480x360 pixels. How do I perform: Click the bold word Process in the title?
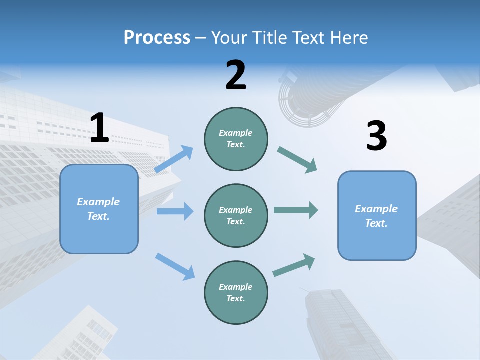[157, 37]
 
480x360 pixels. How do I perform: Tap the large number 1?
[99, 128]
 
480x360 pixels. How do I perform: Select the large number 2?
[236, 75]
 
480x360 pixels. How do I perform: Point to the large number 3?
[376, 136]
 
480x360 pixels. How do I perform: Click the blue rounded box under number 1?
[99, 209]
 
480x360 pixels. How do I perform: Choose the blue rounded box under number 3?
[377, 215]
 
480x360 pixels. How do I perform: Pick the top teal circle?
[236, 139]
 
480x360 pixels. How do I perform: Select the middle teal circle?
[236, 215]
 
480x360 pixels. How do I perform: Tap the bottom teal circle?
[236, 292]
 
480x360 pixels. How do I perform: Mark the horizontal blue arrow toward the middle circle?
[175, 211]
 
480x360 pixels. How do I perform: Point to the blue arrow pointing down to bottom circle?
[175, 266]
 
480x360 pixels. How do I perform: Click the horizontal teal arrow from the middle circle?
[296, 210]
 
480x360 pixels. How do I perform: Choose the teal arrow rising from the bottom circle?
[294, 265]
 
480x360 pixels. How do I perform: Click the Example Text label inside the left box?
[98, 209]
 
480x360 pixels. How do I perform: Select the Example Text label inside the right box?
[376, 216]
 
